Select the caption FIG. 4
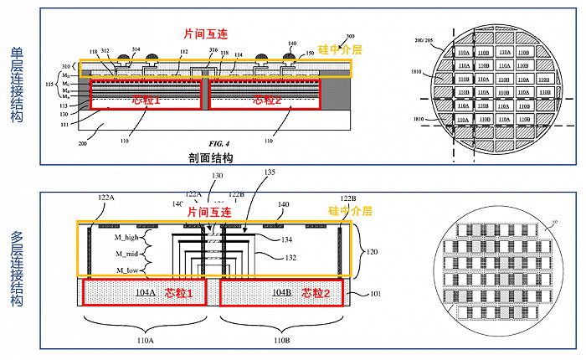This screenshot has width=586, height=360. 207,143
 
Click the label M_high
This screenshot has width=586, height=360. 131,237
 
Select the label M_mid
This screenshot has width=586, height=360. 129,253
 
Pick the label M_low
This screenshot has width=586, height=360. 129,270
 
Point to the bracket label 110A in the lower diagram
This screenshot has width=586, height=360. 144,341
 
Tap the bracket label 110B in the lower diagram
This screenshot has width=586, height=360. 281,341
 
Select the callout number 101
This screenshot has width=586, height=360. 376,294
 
